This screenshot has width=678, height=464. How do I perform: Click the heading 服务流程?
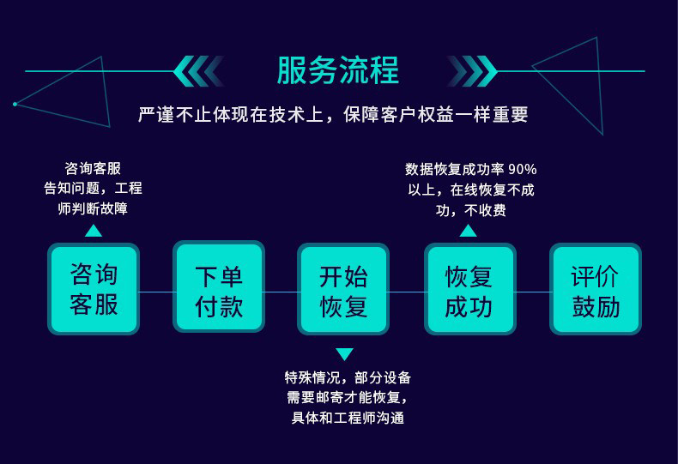click(337, 70)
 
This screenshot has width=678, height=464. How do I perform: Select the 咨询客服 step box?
click(94, 289)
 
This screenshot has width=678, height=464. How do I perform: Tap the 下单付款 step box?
click(219, 289)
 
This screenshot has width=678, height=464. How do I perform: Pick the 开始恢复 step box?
click(343, 289)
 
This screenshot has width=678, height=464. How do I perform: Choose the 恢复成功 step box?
click(469, 289)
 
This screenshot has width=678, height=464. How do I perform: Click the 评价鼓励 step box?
click(595, 289)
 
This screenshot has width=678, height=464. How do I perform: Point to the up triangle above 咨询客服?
click(94, 230)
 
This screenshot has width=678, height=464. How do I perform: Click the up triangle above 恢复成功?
click(468, 230)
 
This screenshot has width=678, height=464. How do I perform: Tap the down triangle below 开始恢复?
click(344, 353)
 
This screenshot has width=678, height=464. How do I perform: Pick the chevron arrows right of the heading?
click(473, 71)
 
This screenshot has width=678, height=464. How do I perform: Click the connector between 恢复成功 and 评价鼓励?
click(532, 292)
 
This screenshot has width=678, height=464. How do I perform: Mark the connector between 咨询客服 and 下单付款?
click(155, 292)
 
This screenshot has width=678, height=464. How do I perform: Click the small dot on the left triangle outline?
click(15, 104)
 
